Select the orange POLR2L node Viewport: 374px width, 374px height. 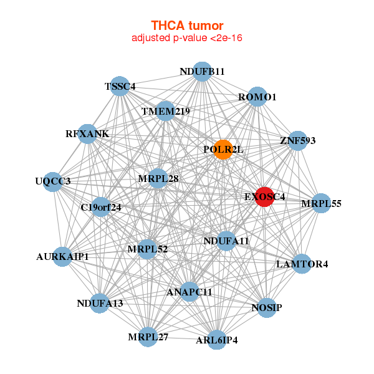[x=223, y=150]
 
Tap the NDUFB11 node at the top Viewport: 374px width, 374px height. [x=201, y=72]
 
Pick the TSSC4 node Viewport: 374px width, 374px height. [x=120, y=87]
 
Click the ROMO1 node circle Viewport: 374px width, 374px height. [x=257, y=97]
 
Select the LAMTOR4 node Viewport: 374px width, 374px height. [x=302, y=264]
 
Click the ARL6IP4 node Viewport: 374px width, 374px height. [x=216, y=340]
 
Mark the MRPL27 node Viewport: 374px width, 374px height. [x=148, y=337]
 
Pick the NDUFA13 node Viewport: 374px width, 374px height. [x=100, y=304]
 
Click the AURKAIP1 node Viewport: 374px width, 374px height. [x=62, y=256]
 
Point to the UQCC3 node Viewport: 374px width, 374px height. [x=53, y=181]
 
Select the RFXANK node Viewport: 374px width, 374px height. [x=87, y=134]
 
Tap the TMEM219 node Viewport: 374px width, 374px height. [x=166, y=112]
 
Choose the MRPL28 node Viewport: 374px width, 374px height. [x=158, y=179]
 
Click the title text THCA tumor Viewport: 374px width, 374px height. [x=187, y=26]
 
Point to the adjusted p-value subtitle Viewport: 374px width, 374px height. [x=187, y=38]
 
